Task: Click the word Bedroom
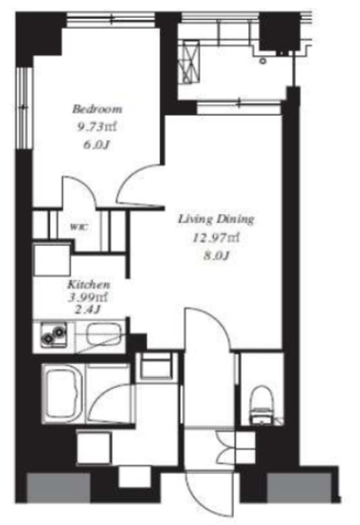[98, 109]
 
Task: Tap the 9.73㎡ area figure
[97, 127]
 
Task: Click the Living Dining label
[216, 219]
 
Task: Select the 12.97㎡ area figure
[216, 238]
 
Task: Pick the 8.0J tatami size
[216, 256]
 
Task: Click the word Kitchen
[89, 285]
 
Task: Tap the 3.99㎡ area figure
[89, 297]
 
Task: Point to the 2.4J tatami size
[88, 309]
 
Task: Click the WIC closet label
[79, 227]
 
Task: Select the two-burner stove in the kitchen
[53, 336]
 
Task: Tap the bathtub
[64, 394]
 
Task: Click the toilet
[262, 405]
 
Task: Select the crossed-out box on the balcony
[191, 62]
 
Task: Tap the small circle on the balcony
[263, 61]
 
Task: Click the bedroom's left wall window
[24, 107]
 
